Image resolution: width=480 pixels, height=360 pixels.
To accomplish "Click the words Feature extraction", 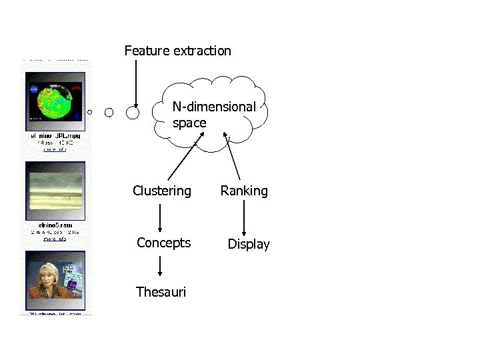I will (x=177, y=51).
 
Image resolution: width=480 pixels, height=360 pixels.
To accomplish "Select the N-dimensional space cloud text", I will (x=213, y=115).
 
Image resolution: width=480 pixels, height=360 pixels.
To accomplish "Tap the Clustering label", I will (x=161, y=191).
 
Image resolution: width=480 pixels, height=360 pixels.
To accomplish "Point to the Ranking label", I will (x=244, y=191).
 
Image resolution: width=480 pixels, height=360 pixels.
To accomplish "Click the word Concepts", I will (x=163, y=243).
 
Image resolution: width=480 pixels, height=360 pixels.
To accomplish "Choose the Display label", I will (x=249, y=245).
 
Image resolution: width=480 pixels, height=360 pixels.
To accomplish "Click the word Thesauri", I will (x=161, y=292).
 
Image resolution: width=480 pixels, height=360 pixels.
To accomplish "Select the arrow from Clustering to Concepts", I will (x=160, y=217).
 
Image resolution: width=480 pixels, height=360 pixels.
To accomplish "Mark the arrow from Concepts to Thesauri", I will (x=160, y=267).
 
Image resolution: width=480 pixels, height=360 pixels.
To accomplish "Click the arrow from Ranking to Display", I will (x=244, y=217).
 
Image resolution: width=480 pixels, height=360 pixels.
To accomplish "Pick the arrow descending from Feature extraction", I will (x=135, y=83).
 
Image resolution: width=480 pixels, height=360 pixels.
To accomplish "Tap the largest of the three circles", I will (x=133, y=113).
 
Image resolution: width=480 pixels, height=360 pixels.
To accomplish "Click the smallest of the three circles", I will (x=90, y=112).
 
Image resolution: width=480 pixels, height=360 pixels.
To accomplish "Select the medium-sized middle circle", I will (x=109, y=112).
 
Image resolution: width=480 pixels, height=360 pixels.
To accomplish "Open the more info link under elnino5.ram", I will (x=55, y=238).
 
